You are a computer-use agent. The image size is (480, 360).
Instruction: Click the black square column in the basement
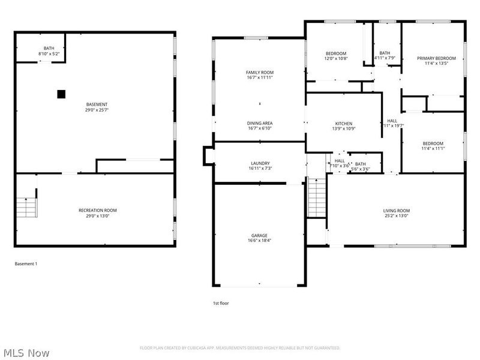(61, 94)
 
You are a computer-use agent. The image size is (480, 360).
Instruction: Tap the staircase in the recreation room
(26, 207)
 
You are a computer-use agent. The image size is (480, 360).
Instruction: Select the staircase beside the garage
(316, 199)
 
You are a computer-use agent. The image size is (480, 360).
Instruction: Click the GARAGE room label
(259, 235)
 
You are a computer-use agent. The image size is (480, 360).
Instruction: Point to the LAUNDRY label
(260, 163)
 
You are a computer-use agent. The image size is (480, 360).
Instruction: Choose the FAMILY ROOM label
(260, 72)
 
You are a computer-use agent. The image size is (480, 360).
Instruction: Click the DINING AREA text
(260, 123)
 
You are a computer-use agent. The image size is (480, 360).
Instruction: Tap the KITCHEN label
(343, 124)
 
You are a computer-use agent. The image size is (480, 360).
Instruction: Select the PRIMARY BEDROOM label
(436, 58)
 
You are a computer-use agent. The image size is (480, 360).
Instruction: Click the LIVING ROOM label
(396, 211)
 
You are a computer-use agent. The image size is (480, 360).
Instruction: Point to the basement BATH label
(48, 49)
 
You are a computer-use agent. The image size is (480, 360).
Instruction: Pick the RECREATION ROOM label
(97, 210)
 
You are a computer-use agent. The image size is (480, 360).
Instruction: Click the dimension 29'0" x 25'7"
(97, 110)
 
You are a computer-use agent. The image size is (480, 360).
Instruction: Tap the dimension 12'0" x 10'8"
(336, 59)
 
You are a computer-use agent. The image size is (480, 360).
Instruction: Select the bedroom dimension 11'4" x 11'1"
(433, 149)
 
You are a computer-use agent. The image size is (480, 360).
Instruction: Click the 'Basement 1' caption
(26, 263)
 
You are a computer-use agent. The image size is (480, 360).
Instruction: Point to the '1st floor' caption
(221, 303)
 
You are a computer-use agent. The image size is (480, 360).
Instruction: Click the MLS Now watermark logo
(26, 353)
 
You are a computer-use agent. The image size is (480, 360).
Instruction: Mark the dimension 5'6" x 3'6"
(360, 169)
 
